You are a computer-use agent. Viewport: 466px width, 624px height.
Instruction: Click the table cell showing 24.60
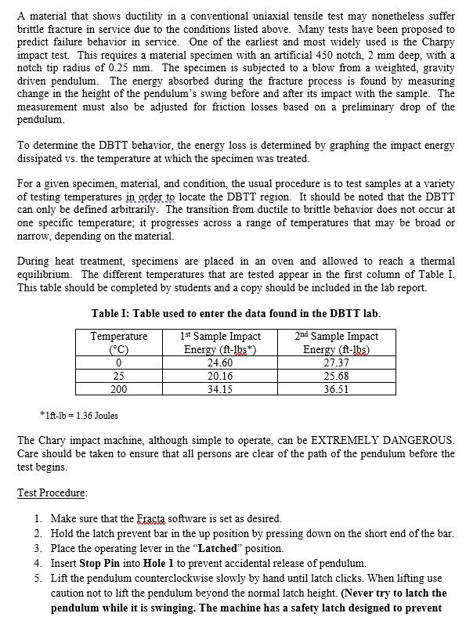click(x=220, y=362)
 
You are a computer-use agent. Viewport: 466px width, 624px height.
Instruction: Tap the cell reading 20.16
click(x=220, y=376)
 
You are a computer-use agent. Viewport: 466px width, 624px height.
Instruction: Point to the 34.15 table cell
click(x=220, y=388)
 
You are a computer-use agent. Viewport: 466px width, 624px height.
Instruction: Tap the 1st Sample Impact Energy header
click(x=220, y=342)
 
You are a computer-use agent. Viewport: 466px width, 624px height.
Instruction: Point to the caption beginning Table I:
click(x=235, y=313)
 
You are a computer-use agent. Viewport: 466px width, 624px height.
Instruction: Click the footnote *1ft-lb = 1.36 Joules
click(x=78, y=415)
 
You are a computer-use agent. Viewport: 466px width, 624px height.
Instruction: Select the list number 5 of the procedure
click(x=38, y=578)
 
